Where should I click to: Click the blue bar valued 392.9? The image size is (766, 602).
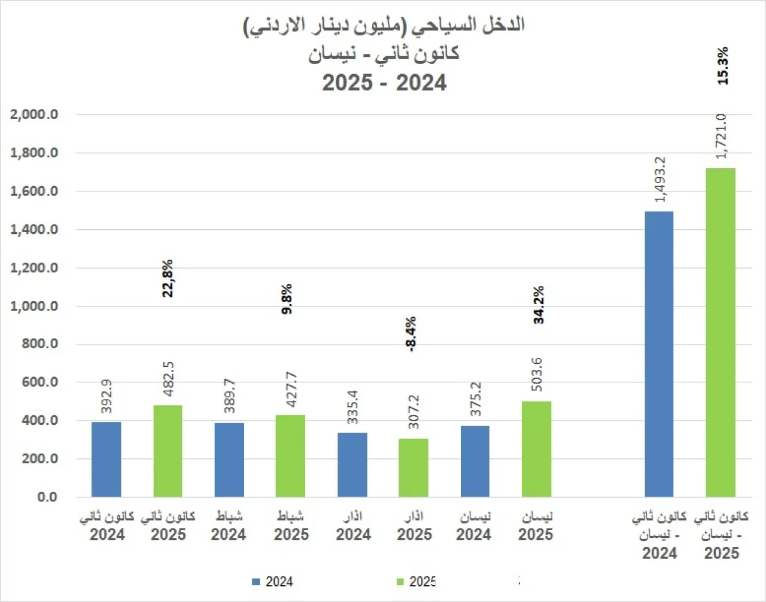pyautogui.click(x=107, y=459)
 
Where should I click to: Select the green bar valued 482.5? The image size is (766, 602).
pyautogui.click(x=168, y=451)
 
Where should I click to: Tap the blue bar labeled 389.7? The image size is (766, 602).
pyautogui.click(x=229, y=460)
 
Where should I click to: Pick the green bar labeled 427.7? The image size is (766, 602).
pyautogui.click(x=290, y=455)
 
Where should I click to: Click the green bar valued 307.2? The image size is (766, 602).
pyautogui.click(x=414, y=467)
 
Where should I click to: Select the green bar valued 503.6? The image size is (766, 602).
pyautogui.click(x=536, y=449)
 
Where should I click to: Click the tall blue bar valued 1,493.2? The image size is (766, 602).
pyautogui.click(x=659, y=354)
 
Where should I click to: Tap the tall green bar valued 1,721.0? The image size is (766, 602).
pyautogui.click(x=721, y=332)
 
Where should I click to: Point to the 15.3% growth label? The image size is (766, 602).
pyautogui.click(x=723, y=66)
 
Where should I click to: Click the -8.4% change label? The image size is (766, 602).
pyautogui.click(x=411, y=335)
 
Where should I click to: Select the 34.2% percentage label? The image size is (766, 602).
pyautogui.click(x=539, y=305)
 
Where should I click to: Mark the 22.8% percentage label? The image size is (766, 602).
pyautogui.click(x=168, y=278)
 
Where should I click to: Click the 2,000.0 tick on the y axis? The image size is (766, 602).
pyautogui.click(x=34, y=114)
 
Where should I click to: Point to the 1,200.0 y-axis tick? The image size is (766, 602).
pyautogui.click(x=34, y=267)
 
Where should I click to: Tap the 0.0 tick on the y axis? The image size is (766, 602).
pyautogui.click(x=47, y=497)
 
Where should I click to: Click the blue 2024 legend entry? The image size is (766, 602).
pyautogui.click(x=273, y=582)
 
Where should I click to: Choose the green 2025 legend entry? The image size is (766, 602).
pyautogui.click(x=417, y=582)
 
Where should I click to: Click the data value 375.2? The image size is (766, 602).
pyautogui.click(x=475, y=399)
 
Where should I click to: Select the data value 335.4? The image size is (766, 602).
pyautogui.click(x=352, y=407)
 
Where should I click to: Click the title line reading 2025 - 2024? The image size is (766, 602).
pyautogui.click(x=384, y=83)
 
